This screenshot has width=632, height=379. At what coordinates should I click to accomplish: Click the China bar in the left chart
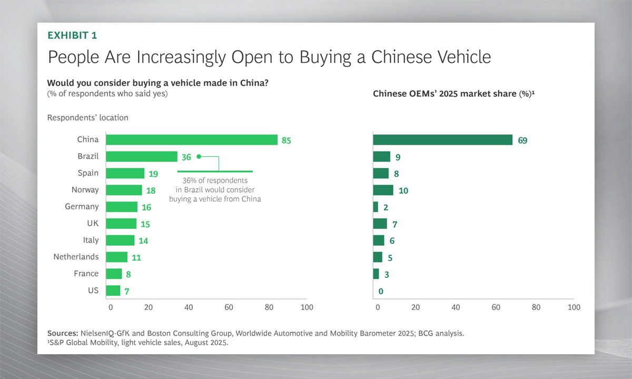click(192, 139)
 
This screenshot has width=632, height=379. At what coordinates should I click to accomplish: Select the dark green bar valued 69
click(442, 139)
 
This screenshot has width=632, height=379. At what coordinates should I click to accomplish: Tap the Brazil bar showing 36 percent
click(142, 156)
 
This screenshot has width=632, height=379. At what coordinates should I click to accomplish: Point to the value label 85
click(286, 141)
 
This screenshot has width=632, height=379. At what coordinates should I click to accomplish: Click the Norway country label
click(85, 189)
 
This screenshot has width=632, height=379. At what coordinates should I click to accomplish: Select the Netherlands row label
click(76, 257)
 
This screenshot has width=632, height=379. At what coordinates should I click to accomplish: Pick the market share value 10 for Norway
click(403, 191)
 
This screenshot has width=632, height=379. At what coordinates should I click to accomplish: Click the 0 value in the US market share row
click(380, 291)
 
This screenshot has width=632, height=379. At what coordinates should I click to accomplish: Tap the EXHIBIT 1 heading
click(72, 35)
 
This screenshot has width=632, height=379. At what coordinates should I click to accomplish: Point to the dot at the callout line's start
click(199, 156)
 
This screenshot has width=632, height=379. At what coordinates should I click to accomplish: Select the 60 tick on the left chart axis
click(228, 307)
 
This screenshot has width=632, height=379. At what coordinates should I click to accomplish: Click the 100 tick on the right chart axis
click(574, 307)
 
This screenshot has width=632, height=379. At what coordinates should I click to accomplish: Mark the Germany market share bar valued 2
click(376, 207)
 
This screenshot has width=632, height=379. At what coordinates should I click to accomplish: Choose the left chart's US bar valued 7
click(113, 291)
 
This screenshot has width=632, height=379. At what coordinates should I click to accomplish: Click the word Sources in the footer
click(63, 333)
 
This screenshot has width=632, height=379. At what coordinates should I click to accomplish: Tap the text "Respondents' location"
click(87, 118)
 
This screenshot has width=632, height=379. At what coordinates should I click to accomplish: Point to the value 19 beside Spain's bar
click(154, 174)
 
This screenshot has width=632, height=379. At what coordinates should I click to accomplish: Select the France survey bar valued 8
click(114, 274)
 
